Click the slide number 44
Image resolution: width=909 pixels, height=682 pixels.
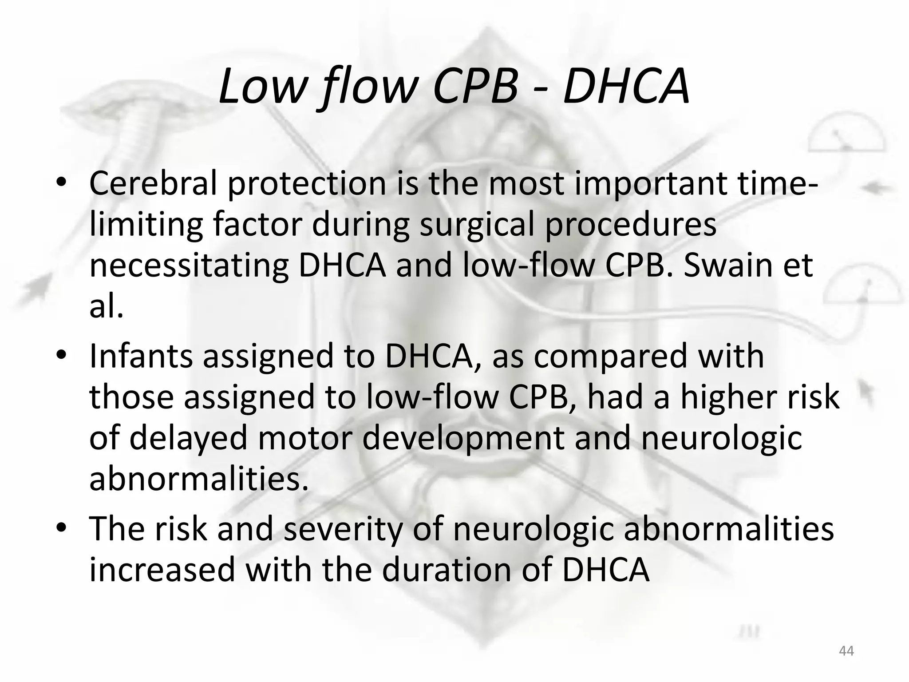pyautogui.click(x=846, y=651)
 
